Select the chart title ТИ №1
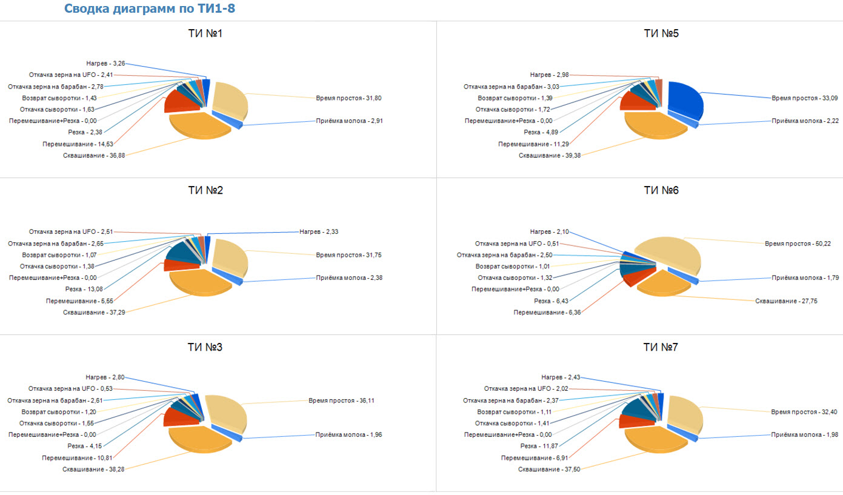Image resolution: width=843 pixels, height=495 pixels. (x=205, y=33)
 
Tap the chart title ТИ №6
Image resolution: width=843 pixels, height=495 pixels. (x=661, y=190)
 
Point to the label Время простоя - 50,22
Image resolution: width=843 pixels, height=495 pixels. (x=789, y=243)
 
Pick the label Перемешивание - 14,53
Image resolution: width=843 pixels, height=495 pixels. (x=78, y=144)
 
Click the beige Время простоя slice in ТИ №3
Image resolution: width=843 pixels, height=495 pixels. (x=225, y=410)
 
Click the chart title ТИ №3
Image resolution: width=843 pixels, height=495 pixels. (x=205, y=348)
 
